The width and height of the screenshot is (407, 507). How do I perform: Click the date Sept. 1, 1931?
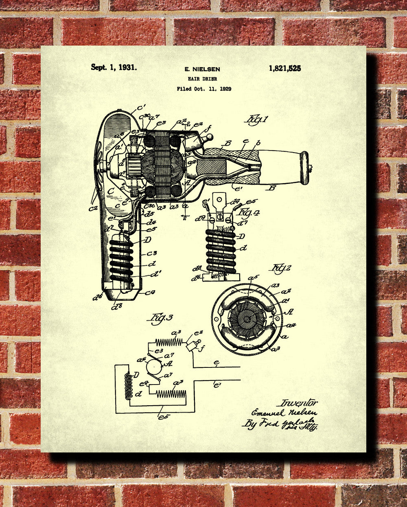pos(114,68)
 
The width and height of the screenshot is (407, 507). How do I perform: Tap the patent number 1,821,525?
pos(284,68)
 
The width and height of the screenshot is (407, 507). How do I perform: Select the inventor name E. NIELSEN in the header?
pos(202,70)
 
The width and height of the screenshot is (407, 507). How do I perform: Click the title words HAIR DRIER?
pos(202,79)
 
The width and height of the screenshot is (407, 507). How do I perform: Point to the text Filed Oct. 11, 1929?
pos(204,89)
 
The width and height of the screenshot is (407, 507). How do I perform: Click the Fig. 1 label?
pos(257,121)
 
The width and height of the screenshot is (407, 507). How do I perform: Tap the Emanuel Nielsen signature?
pos(284,413)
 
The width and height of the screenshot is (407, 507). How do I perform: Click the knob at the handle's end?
pos(304,168)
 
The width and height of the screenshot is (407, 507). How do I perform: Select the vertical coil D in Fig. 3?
pos(128,386)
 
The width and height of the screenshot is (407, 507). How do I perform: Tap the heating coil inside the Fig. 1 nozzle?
pos(121,260)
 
